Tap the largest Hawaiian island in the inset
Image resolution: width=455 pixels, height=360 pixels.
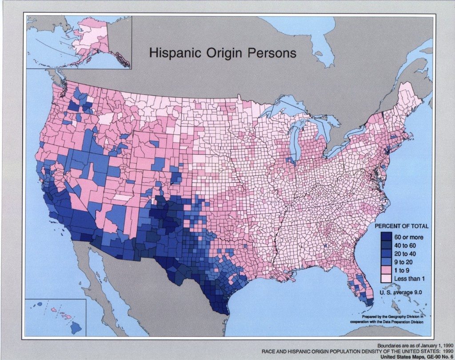76,328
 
